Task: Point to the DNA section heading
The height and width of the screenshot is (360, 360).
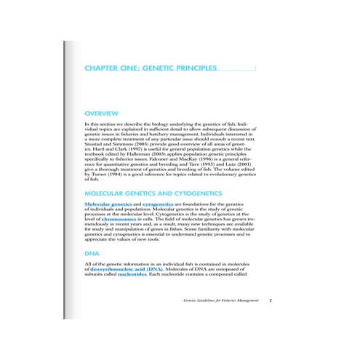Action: (x=92, y=252)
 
